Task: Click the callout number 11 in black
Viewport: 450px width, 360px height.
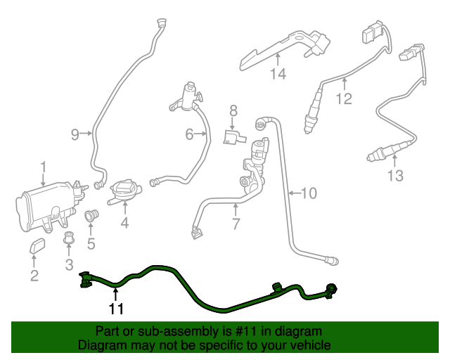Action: [x=116, y=309]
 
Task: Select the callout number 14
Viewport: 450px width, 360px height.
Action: [x=278, y=74]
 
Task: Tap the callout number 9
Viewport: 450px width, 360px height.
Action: [x=75, y=134]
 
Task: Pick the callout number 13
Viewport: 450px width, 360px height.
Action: [x=395, y=175]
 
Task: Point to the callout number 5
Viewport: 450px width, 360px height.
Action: [x=91, y=244]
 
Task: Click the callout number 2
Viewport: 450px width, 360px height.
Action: [x=34, y=276]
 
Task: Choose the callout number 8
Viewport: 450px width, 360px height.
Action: [x=233, y=111]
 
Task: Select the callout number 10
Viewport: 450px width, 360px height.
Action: [x=309, y=193]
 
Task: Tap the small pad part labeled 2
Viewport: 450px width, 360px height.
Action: [x=37, y=245]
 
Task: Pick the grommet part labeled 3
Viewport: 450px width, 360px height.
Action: [x=68, y=237]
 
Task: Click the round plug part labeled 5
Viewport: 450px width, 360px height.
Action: [x=91, y=216]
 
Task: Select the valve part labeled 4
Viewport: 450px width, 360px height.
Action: [x=124, y=191]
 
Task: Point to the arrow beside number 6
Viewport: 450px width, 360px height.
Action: [x=200, y=134]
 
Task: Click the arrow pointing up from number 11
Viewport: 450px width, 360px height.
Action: [x=115, y=295]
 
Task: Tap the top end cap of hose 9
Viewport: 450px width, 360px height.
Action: [x=162, y=22]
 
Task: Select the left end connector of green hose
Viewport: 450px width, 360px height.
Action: [x=85, y=279]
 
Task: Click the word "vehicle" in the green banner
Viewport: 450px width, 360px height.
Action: [x=310, y=345]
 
